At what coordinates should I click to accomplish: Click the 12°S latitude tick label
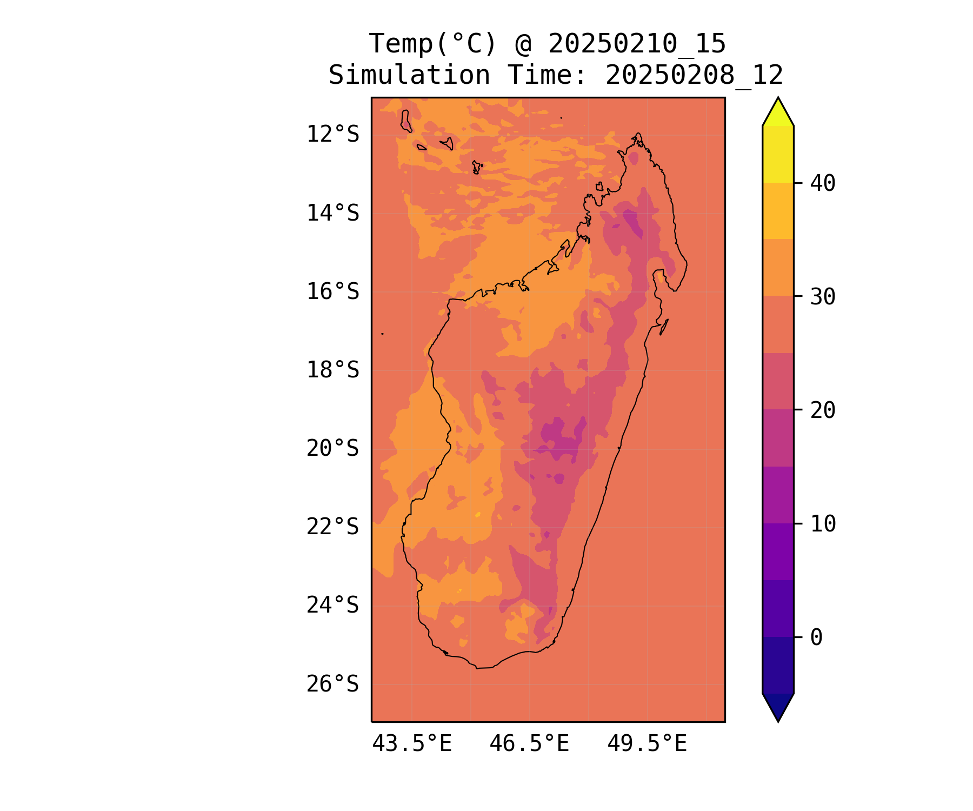[332, 134]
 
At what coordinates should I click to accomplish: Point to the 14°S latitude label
[332, 213]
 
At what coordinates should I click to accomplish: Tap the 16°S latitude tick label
[332, 291]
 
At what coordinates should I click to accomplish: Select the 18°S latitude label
[332, 370]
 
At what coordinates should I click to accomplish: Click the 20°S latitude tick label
[332, 448]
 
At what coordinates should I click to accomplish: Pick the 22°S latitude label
[332, 527]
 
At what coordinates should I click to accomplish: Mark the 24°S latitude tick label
[332, 605]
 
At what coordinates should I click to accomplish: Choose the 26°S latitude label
[332, 684]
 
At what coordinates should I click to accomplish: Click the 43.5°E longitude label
[412, 744]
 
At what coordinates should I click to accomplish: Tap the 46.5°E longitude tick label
[529, 744]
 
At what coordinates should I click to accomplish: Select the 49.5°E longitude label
[647, 744]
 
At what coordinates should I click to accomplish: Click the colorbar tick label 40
[823, 183]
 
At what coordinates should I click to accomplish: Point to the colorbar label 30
[823, 296]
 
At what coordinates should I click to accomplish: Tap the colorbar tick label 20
[823, 410]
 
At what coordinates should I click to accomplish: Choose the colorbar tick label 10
[823, 523]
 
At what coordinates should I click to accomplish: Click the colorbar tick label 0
[816, 637]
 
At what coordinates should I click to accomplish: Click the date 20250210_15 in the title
[637, 44]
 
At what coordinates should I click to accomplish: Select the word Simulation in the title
[409, 75]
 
